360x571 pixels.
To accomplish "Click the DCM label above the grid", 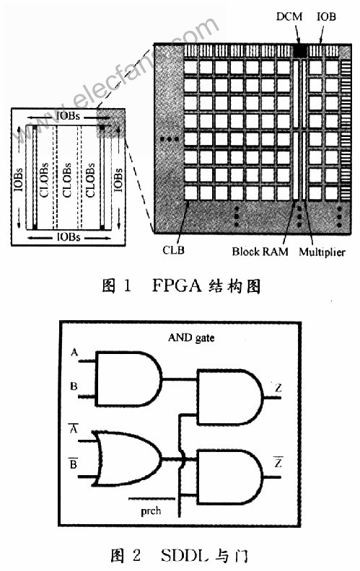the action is (289, 17).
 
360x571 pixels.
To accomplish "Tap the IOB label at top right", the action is (326, 17).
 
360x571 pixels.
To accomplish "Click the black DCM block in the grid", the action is (300, 50).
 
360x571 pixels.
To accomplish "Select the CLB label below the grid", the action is (173, 250).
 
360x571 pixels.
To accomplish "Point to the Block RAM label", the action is (260, 252).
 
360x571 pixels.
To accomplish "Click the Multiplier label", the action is (322, 252).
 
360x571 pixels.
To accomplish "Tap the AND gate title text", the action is (191, 338).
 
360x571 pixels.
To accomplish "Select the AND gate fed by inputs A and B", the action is (128, 379).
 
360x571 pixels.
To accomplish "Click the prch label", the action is (151, 511).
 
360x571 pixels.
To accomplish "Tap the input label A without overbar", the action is (74, 352).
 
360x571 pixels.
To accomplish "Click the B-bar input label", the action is (74, 463).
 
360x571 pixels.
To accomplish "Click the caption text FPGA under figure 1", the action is (176, 285).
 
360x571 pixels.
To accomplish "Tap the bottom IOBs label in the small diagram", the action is (69, 237).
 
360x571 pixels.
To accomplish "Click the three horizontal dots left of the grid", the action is (170, 139).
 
